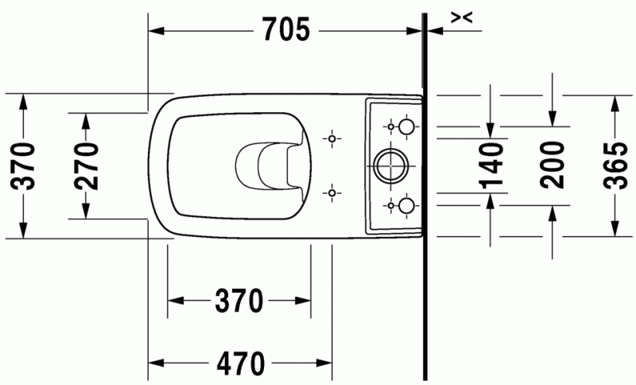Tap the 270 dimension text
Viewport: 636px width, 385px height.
[x=87, y=165]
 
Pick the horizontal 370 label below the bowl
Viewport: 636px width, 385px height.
[x=238, y=301]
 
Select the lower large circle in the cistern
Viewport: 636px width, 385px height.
[x=405, y=205]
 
